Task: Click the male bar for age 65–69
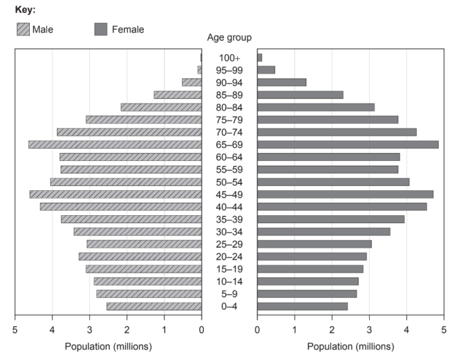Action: click(x=115, y=144)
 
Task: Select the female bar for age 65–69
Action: click(x=348, y=144)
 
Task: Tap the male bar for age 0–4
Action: click(x=154, y=306)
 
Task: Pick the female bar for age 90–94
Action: click(x=281, y=82)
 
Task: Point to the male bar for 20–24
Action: click(x=140, y=256)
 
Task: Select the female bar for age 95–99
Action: click(x=266, y=70)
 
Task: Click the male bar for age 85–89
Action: click(x=178, y=95)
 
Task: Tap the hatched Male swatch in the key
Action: click(x=23, y=29)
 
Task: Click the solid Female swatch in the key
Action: click(x=101, y=29)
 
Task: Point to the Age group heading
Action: click(x=229, y=38)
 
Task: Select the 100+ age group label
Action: click(x=229, y=58)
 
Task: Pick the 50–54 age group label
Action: click(x=229, y=182)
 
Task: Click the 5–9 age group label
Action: click(x=229, y=294)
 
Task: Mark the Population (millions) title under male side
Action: click(x=108, y=346)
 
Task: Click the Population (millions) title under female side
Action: click(x=351, y=346)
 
